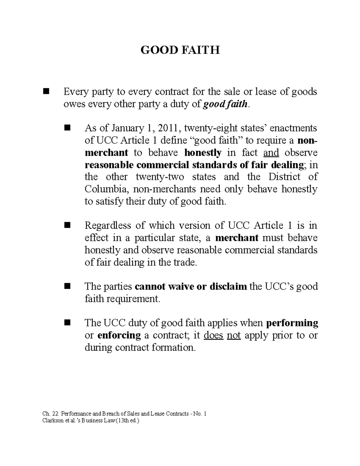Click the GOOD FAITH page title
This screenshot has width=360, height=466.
tap(180, 50)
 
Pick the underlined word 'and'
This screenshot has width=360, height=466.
tap(271, 153)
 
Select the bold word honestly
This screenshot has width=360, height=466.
tap(203, 153)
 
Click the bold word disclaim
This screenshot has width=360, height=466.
tap(228, 287)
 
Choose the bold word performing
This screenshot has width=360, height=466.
tap(292, 323)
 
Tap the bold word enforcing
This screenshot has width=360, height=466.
tap(119, 335)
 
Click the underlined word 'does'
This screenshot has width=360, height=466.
tap(213, 335)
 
